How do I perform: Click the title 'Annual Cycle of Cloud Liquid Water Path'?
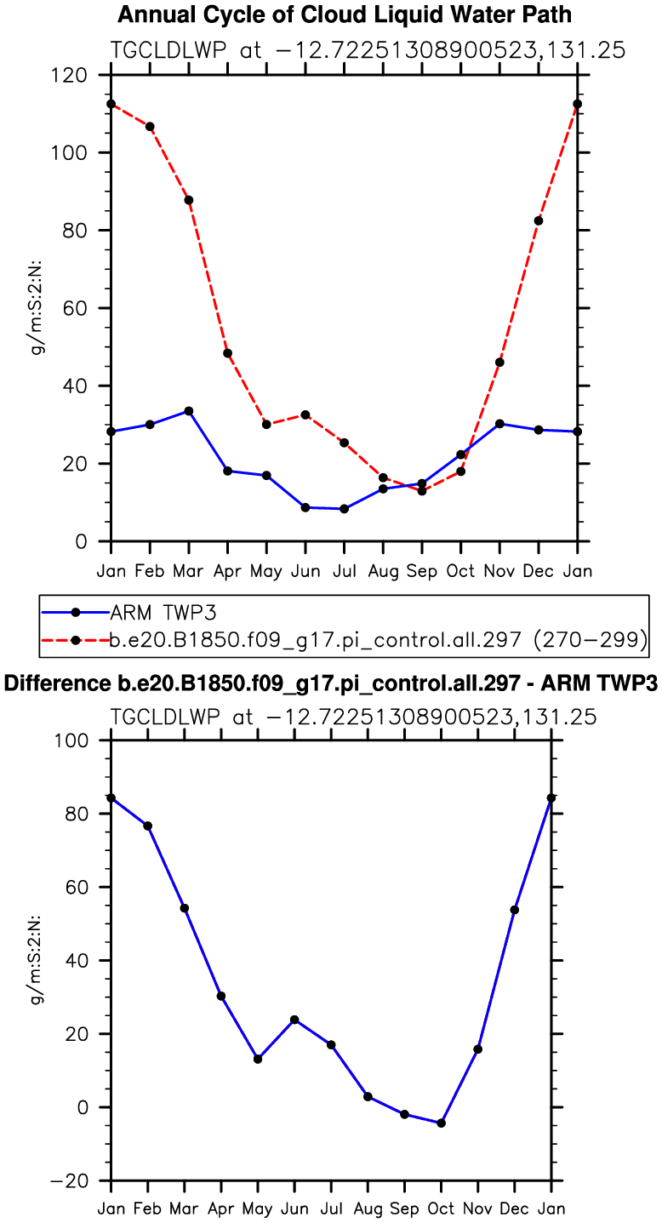[344, 14]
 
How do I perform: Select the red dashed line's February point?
[150, 127]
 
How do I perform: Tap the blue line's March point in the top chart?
[189, 411]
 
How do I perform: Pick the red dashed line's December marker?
[539, 220]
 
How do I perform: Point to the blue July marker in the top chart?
[344, 509]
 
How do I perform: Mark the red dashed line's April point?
[228, 353]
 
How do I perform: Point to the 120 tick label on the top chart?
[70, 75]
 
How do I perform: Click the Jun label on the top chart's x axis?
[305, 570]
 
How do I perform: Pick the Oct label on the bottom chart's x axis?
[441, 1209]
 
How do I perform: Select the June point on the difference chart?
[294, 1020]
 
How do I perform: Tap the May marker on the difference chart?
[258, 1059]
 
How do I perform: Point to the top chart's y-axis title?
[37, 308]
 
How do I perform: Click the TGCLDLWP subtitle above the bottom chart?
[353, 717]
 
